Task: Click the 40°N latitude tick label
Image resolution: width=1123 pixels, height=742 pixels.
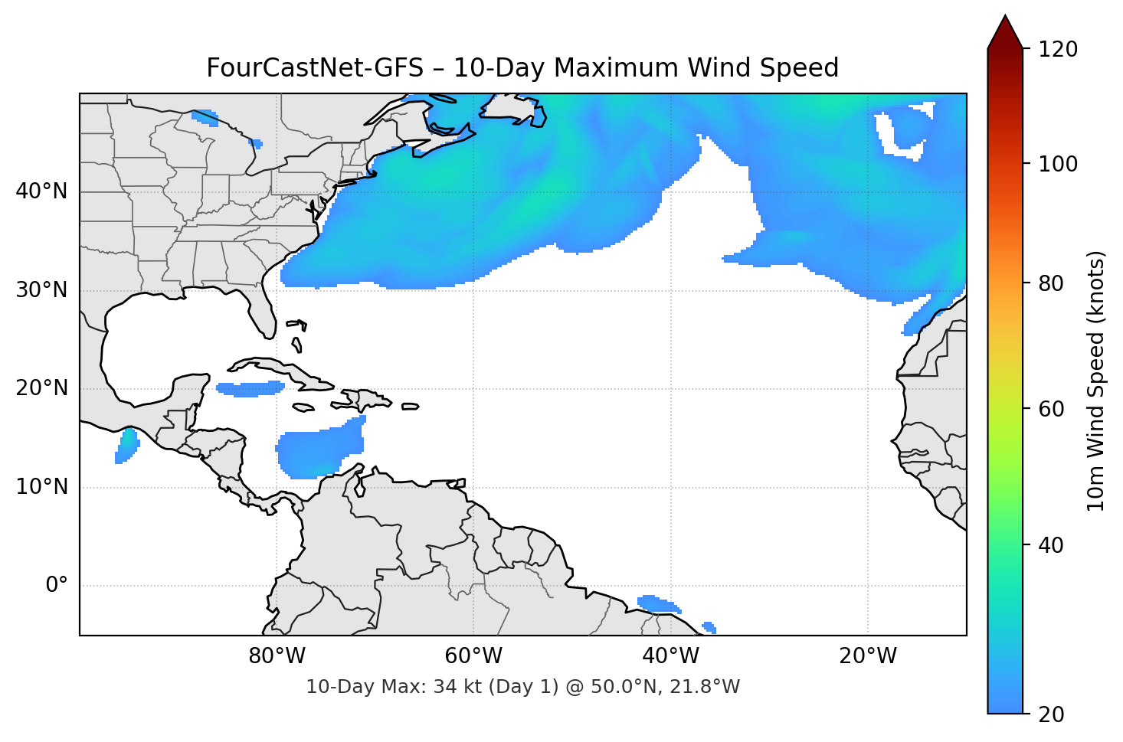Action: pos(41,191)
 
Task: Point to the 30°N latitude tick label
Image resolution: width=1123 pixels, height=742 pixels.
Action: pos(41,290)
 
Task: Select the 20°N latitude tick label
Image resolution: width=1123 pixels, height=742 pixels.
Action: pos(41,388)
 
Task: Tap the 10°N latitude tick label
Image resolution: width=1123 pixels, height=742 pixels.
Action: pos(41,487)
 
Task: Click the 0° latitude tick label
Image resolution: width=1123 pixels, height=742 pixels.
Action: pos(57,586)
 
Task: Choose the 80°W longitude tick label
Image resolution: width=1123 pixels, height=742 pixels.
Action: pos(277,656)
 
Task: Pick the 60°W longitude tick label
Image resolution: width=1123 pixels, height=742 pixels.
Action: pos(473,656)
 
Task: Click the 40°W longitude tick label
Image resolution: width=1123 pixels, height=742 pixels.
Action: pos(670,656)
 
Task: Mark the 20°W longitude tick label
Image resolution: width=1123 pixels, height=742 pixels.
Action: pos(867,656)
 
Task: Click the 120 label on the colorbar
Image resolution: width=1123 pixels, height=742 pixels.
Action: pos(1058,50)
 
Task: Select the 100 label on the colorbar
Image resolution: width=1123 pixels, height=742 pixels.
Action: pos(1058,164)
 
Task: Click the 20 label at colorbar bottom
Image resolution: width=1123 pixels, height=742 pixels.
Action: pos(1051,714)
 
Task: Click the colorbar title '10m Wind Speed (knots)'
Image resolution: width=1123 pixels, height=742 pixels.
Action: pos(1096,381)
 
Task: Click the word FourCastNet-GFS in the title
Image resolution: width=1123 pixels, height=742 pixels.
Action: pos(315,68)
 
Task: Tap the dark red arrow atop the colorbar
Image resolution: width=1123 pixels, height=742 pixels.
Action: pos(1005,33)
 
